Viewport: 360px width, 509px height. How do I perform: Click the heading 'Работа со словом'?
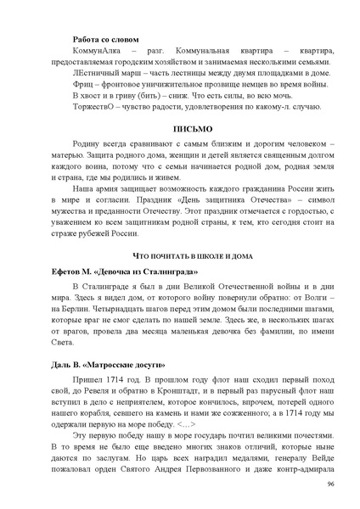(106, 39)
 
